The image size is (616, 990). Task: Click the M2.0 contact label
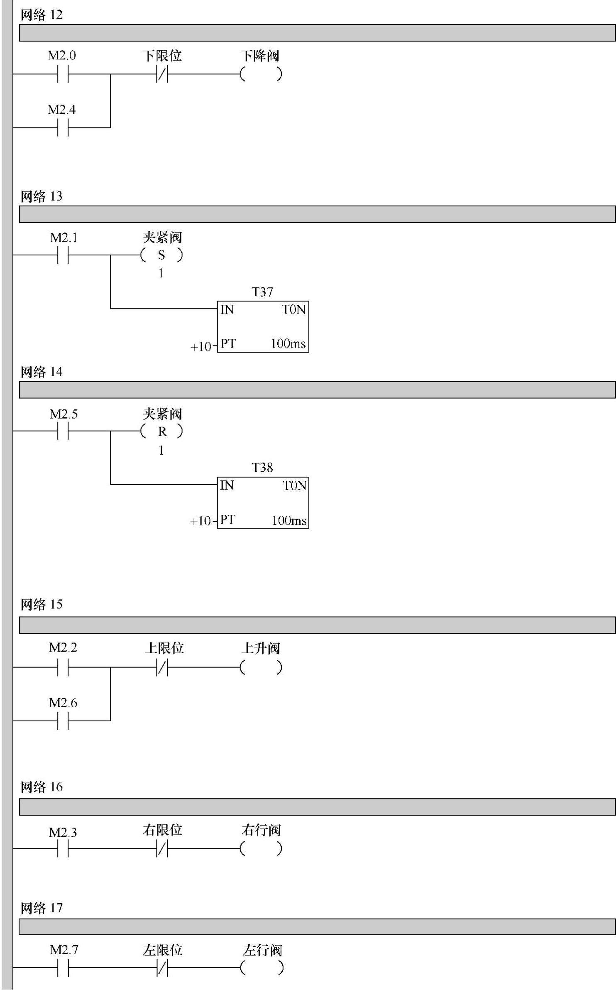coord(62,56)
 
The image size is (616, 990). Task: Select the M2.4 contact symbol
coord(63,127)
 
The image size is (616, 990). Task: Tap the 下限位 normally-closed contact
coord(162,74)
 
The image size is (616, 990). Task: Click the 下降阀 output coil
coord(261,74)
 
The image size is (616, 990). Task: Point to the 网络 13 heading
coord(42,196)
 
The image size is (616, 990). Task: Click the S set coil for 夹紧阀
coord(161,255)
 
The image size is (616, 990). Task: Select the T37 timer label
coord(262,292)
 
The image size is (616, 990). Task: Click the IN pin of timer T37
coord(227,310)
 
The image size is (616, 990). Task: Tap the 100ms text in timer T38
coord(289,521)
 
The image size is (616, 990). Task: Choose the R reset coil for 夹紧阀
coord(161,432)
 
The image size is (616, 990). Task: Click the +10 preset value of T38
coord(201,521)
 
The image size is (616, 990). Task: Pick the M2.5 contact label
coord(64,414)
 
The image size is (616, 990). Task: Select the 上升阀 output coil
coord(261,667)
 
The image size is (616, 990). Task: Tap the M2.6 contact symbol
coord(63,721)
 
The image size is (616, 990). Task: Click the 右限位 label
coord(162,830)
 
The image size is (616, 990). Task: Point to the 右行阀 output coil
coord(261,848)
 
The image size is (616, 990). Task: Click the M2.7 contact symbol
coord(63,968)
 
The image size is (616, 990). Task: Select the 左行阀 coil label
coord(262,950)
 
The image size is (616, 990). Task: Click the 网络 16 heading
coord(42,787)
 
